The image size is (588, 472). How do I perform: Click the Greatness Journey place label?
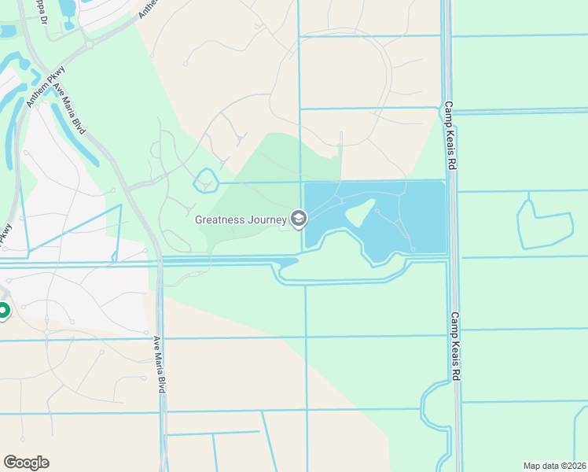coord(240,219)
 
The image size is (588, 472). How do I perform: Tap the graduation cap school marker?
coord(299,218)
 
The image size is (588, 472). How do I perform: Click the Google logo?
coord(26,463)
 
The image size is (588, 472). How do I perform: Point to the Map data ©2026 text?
coord(555,466)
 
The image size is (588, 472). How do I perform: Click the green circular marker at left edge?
coord(2,312)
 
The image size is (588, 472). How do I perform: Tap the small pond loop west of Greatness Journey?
coord(205,180)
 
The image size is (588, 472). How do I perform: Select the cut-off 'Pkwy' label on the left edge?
coord(6,234)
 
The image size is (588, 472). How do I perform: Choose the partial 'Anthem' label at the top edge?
coord(147,8)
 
